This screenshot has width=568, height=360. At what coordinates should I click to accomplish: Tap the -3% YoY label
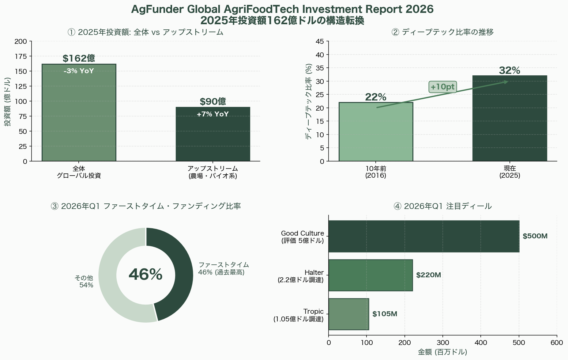[x=79, y=71]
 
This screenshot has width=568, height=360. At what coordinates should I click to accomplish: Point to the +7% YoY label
[x=213, y=114]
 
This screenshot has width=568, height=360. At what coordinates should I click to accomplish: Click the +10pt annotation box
[x=442, y=87]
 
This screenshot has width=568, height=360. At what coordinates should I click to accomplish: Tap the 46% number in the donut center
[x=146, y=275]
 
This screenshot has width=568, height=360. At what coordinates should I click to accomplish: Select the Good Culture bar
[x=424, y=236]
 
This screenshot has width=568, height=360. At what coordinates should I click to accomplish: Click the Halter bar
[x=371, y=275]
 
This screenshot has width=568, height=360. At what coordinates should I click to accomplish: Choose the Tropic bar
[x=348, y=314]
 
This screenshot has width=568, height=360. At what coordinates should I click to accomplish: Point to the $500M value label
[x=535, y=236]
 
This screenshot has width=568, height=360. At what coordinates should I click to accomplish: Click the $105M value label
[x=385, y=314]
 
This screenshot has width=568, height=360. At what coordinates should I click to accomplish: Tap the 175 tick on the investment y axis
[x=23, y=56]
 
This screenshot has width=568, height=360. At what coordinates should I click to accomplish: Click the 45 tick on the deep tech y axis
[x=320, y=41]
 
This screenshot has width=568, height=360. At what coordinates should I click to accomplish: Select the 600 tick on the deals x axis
[x=556, y=343]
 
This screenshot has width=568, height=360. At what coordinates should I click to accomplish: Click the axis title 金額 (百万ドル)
[x=442, y=352]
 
